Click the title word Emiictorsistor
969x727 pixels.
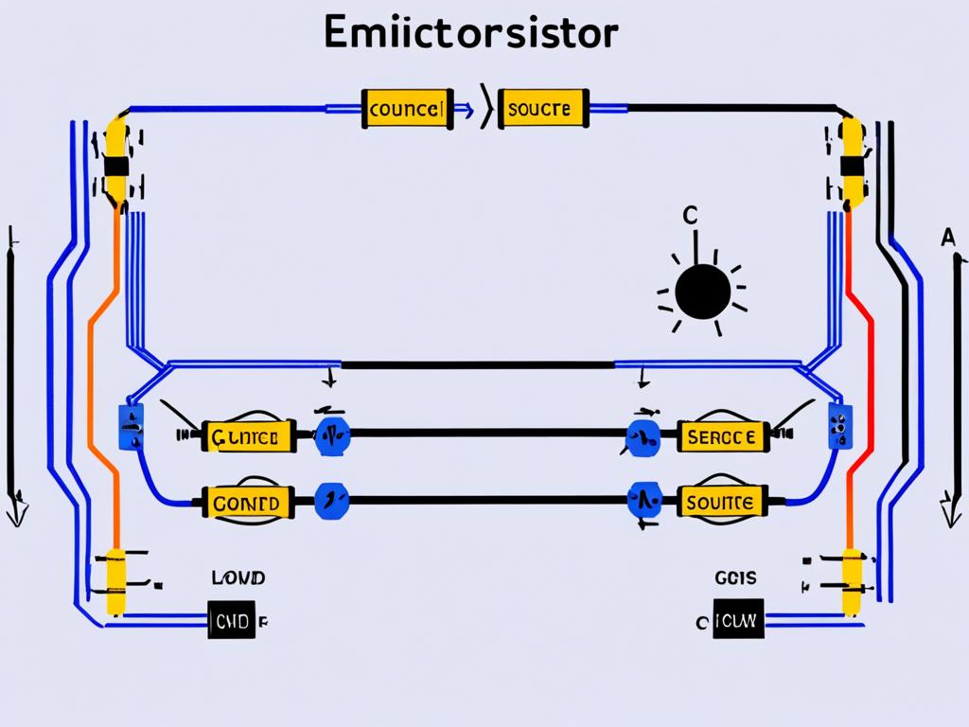tap(470, 34)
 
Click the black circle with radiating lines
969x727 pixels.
tap(702, 290)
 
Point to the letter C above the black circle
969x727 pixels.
tap(690, 216)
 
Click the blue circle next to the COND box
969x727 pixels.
tap(331, 498)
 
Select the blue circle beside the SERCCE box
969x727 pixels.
tap(644, 436)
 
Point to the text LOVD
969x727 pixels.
tap(239, 576)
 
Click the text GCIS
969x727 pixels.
tap(731, 576)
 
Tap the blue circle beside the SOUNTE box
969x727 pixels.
tap(644, 498)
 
